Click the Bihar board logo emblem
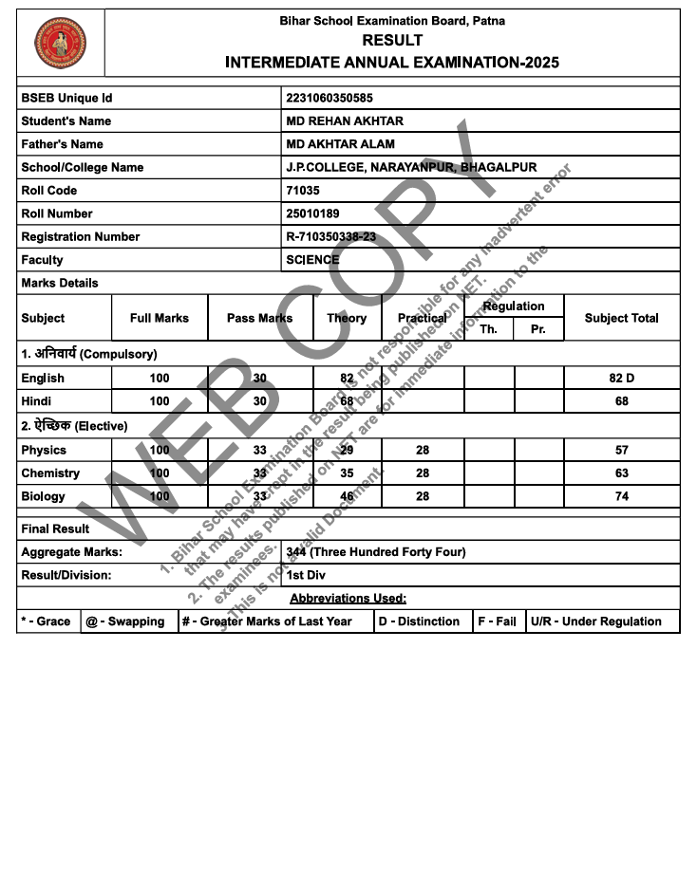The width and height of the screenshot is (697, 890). click(60, 43)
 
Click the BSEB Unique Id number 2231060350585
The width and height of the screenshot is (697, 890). click(330, 98)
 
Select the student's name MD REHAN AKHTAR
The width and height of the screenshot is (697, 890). click(345, 121)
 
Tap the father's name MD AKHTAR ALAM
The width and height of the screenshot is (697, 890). click(340, 144)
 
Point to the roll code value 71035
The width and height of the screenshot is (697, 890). click(303, 191)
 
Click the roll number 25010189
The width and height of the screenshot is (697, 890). click(312, 213)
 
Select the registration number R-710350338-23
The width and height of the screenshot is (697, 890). click(331, 237)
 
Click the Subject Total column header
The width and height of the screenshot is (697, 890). click(621, 318)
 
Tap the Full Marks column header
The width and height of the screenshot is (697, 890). click(160, 318)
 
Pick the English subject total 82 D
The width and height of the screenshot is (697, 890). click(621, 379)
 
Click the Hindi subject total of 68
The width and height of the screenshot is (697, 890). click(621, 401)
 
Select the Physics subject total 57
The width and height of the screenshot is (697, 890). click(621, 451)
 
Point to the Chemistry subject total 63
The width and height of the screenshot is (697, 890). click(621, 473)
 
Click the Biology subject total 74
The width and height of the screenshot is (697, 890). click(621, 496)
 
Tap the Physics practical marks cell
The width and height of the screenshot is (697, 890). click(423, 451)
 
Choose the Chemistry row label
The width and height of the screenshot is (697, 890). click(50, 473)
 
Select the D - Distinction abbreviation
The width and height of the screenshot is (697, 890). click(419, 621)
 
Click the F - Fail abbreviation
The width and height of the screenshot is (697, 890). click(498, 621)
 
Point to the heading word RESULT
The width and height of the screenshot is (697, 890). click(392, 41)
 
